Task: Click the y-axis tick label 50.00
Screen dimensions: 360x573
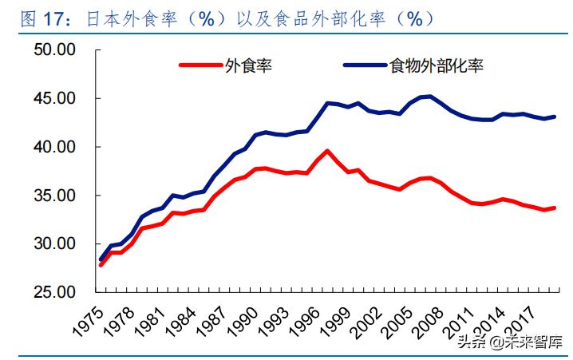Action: (x=54, y=50)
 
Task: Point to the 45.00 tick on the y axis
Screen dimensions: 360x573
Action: (x=54, y=99)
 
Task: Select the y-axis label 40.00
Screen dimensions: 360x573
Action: (x=54, y=147)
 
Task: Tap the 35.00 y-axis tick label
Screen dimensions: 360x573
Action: (x=54, y=196)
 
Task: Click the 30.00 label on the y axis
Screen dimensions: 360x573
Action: (x=54, y=243)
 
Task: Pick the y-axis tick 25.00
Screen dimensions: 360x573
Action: (x=54, y=292)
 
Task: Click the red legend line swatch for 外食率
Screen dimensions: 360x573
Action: (x=200, y=66)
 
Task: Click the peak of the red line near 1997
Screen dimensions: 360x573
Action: (x=327, y=150)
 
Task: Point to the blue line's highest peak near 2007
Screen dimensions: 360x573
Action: (x=429, y=97)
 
